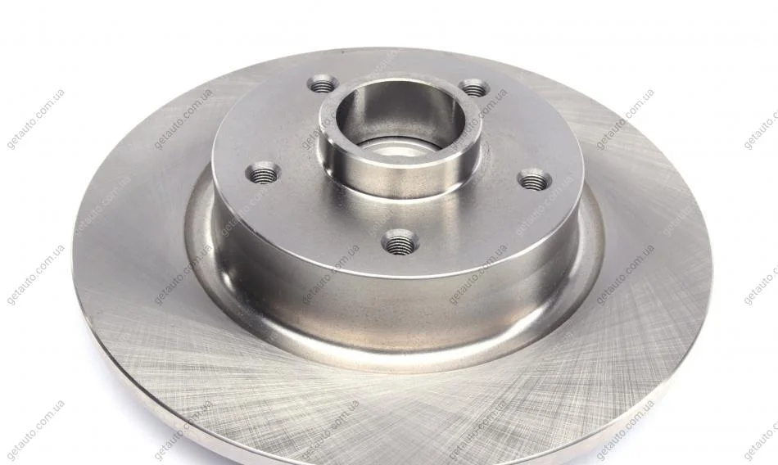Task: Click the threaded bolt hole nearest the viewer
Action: pos(400,242)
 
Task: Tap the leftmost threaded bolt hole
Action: pos(263,172)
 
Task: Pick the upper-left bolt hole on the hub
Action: pos(323,84)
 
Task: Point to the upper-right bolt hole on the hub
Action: pos(474,88)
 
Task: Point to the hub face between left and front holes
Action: pos(318,214)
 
